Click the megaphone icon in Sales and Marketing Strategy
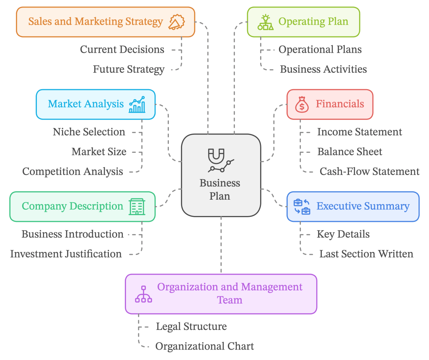pos(176,22)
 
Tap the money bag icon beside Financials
pos(301,104)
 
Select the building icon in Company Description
pos(137,206)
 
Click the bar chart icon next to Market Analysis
pos(137,104)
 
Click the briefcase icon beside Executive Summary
pos(302,206)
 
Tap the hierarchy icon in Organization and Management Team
pos(143,294)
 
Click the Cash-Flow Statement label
pos(369,171)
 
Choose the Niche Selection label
pos(89,132)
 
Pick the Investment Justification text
pos(66,254)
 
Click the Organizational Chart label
pos(204,346)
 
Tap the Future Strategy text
pos(129,69)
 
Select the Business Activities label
pos(323,69)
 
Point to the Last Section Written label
pos(366,254)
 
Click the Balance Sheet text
pos(349,152)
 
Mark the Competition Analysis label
pos(72,171)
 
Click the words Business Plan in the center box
pos(220,189)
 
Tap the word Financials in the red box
pos(340,104)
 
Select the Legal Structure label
pos(191,327)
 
